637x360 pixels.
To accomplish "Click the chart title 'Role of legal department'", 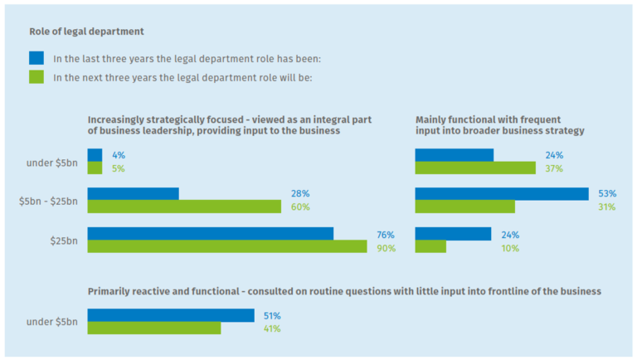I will [x=86, y=32].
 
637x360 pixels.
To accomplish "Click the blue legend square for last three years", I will [x=36, y=58].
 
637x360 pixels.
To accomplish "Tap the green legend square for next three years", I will [x=36, y=78].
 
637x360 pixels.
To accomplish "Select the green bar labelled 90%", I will [x=226, y=246].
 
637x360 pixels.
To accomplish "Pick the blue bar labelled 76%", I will [x=210, y=233].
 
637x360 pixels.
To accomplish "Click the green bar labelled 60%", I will [x=184, y=207].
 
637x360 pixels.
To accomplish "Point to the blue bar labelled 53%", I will [x=501, y=193].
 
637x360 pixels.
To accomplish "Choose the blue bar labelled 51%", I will [x=170, y=315].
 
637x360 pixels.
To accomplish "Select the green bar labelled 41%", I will [x=153, y=328].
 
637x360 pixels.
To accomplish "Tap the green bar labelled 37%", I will [x=474, y=168].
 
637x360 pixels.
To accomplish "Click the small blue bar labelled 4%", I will [x=95, y=154].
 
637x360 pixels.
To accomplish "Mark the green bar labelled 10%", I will [x=430, y=246].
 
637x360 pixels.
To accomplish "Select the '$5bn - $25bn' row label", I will [x=48, y=200].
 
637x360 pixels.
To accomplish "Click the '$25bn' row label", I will [x=63, y=240].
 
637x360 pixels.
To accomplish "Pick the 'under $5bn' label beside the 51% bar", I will [x=51, y=322].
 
